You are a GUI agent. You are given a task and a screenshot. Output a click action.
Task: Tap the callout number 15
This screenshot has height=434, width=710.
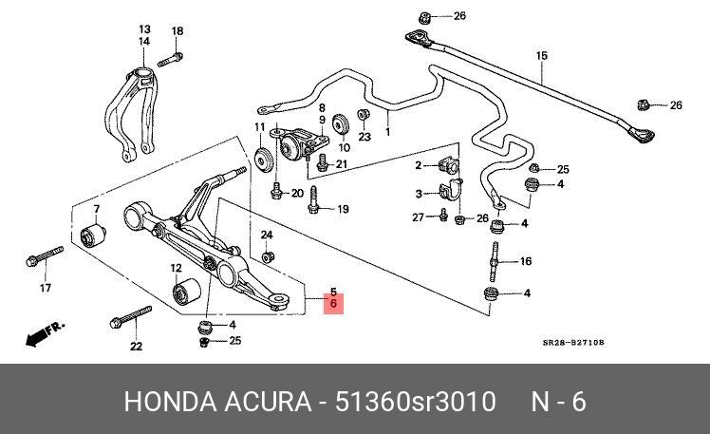[541, 56]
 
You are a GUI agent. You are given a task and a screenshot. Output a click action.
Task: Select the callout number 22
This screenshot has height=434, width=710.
[136, 347]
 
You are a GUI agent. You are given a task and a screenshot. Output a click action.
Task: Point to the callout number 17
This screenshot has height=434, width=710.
[44, 288]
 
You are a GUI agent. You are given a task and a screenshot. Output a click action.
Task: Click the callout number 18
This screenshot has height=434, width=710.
[177, 32]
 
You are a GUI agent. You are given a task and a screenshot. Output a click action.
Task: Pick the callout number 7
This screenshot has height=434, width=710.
[96, 208]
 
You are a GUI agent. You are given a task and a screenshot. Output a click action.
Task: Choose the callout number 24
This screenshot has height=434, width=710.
[267, 235]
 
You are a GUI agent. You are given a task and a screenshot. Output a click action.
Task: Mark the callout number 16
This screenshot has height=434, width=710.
[526, 261]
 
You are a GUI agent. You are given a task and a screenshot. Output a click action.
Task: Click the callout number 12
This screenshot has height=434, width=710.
[177, 268]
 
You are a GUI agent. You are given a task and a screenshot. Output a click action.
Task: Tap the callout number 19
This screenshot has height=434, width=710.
[343, 209]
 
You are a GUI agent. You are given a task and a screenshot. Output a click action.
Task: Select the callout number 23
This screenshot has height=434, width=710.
[364, 137]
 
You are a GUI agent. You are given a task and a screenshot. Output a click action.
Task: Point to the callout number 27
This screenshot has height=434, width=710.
[417, 217]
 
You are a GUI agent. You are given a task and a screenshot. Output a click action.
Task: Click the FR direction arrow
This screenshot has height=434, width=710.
[45, 331]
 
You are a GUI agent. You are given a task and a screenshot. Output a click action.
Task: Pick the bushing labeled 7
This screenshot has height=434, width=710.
[95, 234]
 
